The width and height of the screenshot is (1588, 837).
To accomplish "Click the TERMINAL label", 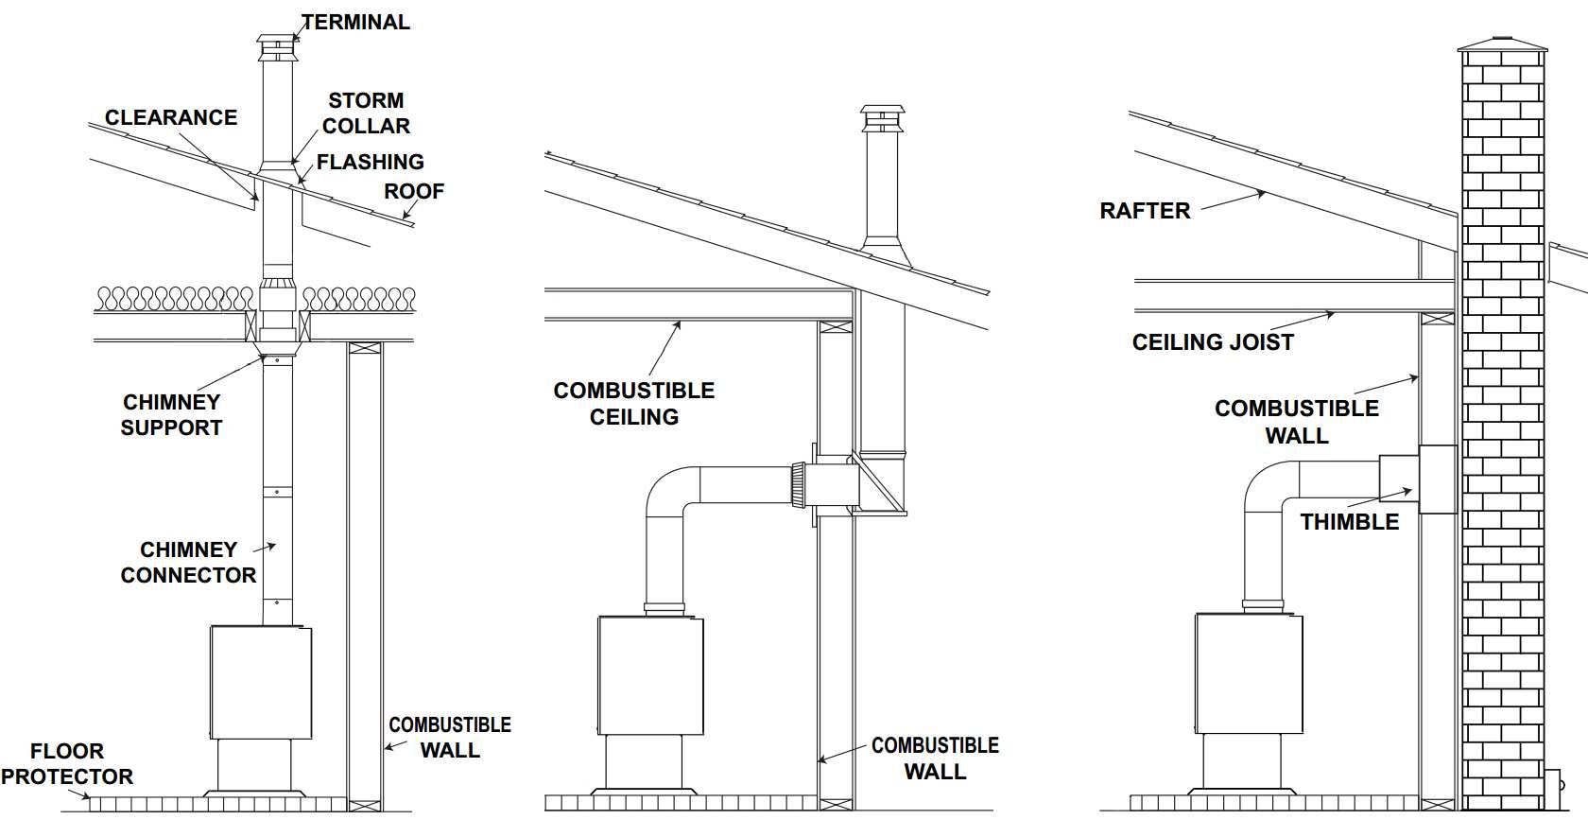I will (355, 22).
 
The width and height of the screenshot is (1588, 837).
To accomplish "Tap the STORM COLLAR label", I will (366, 113).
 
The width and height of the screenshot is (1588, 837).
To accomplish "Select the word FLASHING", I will (370, 162).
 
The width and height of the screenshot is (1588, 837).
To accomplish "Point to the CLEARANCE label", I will (171, 117).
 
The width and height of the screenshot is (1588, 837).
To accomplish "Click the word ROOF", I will (414, 191).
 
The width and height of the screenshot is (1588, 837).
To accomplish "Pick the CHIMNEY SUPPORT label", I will (171, 414).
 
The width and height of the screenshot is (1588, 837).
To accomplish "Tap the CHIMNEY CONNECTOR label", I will (188, 562).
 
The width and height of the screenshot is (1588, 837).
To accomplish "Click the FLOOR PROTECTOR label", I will (66, 764).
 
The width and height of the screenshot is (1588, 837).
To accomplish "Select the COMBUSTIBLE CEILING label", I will (634, 403).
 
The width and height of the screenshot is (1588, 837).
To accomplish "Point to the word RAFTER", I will (1145, 210).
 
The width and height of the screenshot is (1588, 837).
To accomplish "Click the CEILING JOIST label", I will (1213, 341).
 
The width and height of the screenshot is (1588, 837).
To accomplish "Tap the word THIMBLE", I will (1349, 521).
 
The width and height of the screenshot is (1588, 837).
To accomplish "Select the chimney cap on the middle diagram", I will (882, 117).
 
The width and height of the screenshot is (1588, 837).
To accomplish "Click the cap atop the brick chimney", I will (1503, 44).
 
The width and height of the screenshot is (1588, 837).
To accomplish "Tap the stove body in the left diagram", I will (260, 681).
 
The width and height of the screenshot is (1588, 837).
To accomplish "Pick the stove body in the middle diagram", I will (650, 675).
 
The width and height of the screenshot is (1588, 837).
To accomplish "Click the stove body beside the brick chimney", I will (1249, 671).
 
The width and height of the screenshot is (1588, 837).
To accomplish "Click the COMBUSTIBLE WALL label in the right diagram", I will (1296, 422).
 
